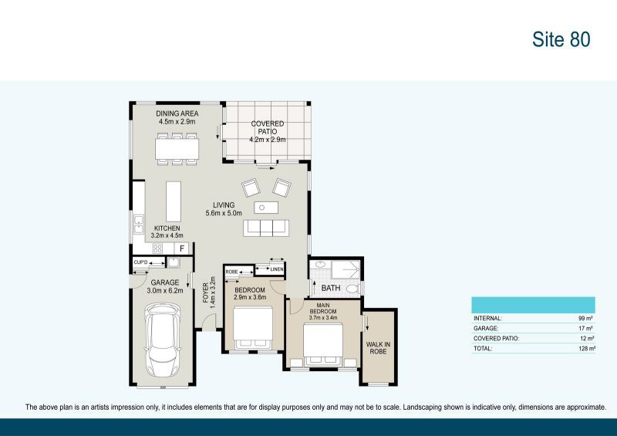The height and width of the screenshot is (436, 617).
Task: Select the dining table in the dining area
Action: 176,149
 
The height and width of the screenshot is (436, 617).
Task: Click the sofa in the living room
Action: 265,228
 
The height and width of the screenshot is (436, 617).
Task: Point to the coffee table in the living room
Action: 265,207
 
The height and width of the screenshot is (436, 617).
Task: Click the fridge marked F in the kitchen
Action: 182,248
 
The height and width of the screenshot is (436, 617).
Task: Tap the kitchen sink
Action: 138,225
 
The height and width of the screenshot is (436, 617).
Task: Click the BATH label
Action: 331,288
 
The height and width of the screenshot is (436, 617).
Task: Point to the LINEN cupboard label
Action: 277,269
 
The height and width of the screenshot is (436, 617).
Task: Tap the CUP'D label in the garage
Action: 140,263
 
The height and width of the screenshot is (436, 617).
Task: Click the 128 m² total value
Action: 586,349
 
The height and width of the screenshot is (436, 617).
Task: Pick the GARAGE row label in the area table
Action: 487,328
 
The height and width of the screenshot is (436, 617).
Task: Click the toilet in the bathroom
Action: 351,289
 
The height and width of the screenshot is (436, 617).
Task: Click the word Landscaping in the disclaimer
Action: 423,407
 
